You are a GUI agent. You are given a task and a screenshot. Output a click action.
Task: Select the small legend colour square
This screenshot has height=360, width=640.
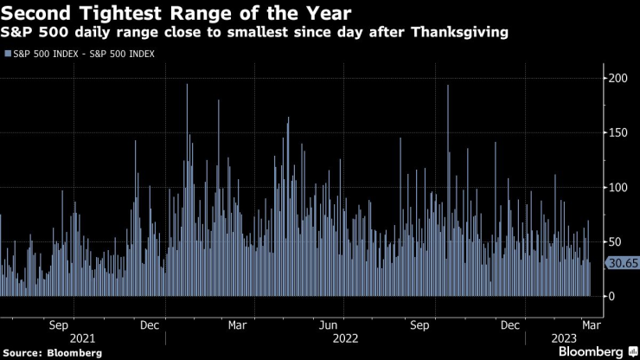(x=7, y=54)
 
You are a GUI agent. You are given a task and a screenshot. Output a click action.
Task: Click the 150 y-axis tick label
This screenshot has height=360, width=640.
(x=615, y=133)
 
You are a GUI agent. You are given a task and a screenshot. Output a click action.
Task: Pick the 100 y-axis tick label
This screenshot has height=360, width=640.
(x=615, y=188)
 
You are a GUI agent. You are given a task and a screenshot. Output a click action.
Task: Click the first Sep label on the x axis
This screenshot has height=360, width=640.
(x=58, y=325)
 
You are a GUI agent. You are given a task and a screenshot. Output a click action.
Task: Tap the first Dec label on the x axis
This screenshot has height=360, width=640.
(x=148, y=325)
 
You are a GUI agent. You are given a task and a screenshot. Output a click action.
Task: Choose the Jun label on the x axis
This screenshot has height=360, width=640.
(x=328, y=325)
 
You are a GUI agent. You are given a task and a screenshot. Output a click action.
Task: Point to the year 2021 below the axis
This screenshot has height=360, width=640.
(x=82, y=338)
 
